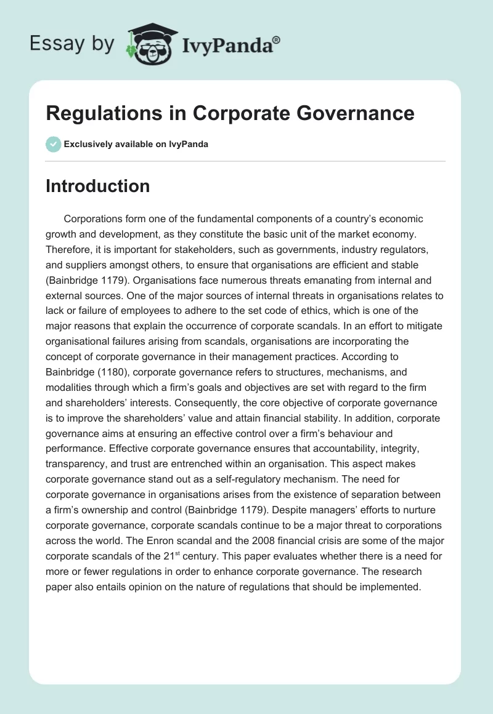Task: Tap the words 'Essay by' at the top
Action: pyautogui.click(x=72, y=43)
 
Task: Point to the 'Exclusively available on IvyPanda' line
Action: pyautogui.click(x=136, y=144)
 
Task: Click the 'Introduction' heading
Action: pyautogui.click(x=97, y=186)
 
